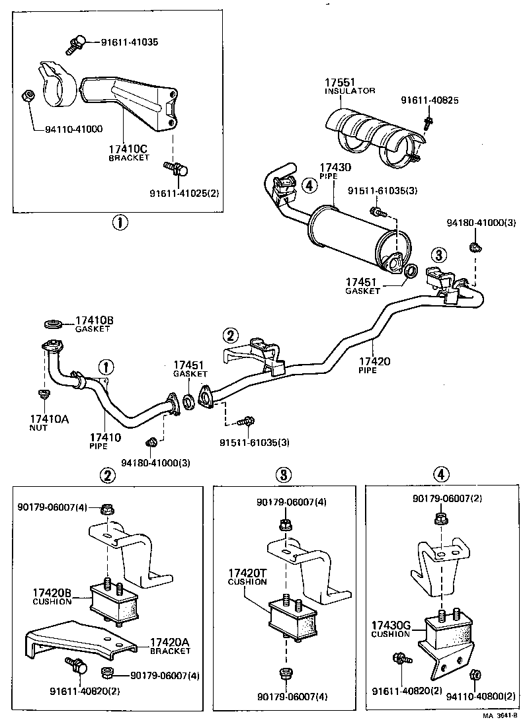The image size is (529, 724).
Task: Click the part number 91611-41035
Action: pyautogui.click(x=130, y=42)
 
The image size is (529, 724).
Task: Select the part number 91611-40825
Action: pyautogui.click(x=429, y=100)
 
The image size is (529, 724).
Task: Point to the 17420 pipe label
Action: pyautogui.click(x=374, y=365)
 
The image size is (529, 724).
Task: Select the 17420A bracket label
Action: pyautogui.click(x=170, y=645)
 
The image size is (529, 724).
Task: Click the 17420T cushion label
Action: pyautogui.click(x=247, y=577)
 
